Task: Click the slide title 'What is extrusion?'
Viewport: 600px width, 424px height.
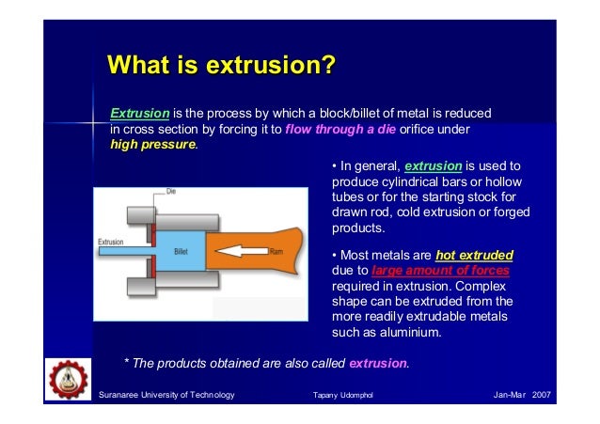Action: pyautogui.click(x=222, y=67)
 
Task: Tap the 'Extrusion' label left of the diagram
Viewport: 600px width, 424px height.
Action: pyautogui.click(x=111, y=242)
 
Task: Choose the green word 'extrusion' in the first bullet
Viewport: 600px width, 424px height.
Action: pyautogui.click(x=433, y=166)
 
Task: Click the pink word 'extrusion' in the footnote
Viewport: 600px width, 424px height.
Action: pyautogui.click(x=378, y=363)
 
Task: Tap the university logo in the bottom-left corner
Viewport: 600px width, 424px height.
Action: pyautogui.click(x=66, y=386)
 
